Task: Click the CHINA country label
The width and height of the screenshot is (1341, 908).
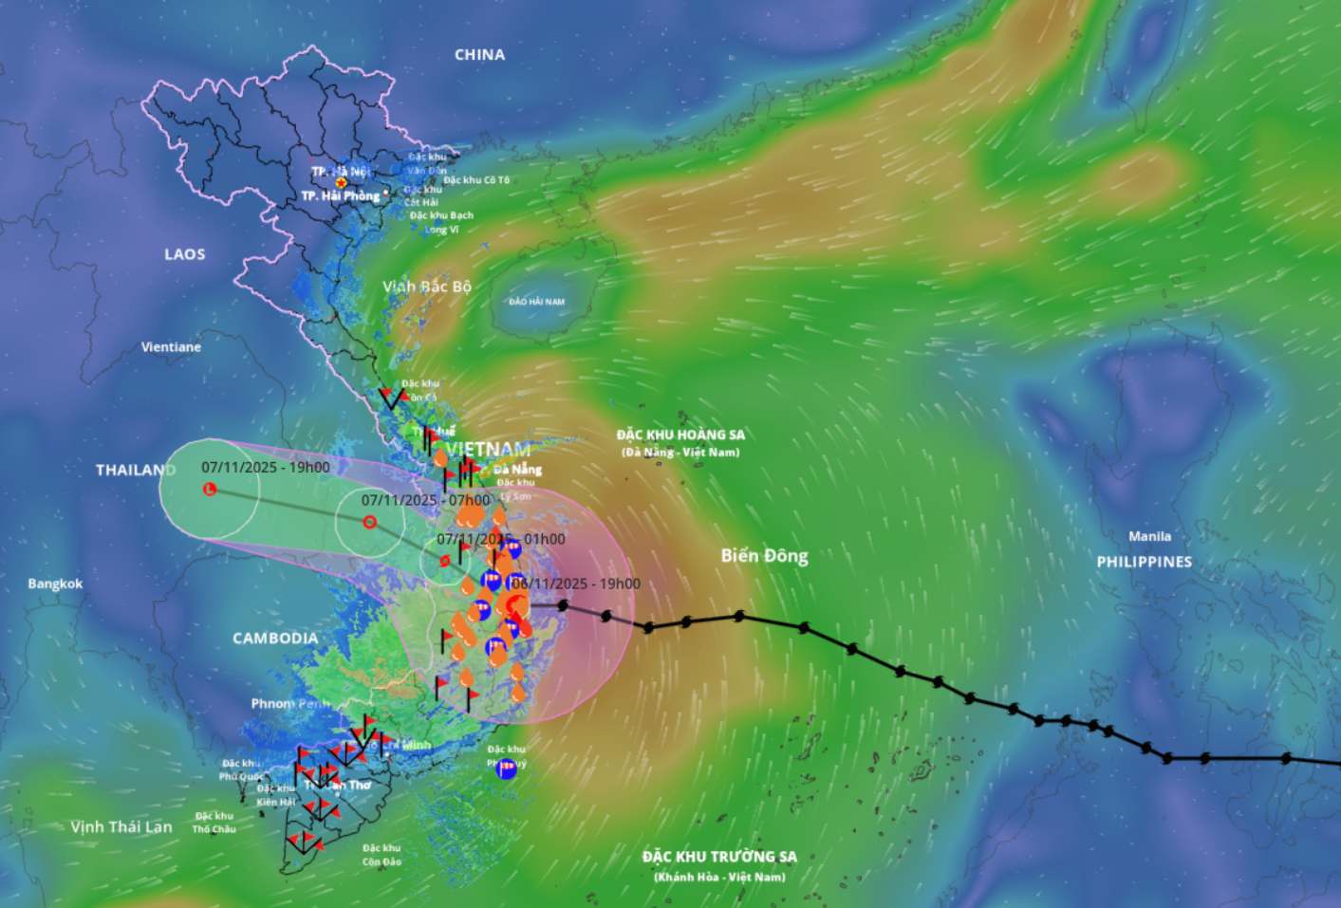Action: coord(479,55)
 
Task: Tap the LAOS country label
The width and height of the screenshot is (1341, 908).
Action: coord(184,254)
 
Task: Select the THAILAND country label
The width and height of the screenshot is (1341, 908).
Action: coord(135,470)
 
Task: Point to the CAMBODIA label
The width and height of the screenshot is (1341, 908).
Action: coord(275,639)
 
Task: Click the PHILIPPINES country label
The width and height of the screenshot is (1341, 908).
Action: coord(1144,562)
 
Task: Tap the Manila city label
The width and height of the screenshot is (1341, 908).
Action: coord(1149,536)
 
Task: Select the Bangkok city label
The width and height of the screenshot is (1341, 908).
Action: coord(55,584)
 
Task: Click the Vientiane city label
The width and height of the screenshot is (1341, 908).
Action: coord(171,347)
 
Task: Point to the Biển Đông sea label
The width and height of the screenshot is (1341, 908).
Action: coord(764,556)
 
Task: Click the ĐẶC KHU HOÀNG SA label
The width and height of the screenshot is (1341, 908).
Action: coord(680,435)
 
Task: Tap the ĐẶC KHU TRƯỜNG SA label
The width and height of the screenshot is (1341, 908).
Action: coord(719,857)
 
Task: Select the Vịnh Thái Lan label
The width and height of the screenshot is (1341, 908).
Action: coord(121,827)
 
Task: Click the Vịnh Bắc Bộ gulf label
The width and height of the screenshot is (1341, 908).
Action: coord(426,287)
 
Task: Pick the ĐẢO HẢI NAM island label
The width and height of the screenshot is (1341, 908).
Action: coord(536,302)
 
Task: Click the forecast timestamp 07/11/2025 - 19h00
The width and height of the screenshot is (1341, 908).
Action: coord(266,468)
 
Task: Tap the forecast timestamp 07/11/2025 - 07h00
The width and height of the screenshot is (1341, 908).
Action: coord(425,500)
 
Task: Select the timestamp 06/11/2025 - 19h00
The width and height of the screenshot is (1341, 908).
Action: coord(576,584)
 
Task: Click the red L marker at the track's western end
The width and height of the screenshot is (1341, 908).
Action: coord(210,489)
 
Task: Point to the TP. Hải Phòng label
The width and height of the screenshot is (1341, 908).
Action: coord(340,195)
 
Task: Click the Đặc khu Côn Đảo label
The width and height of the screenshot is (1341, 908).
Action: coord(382,855)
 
